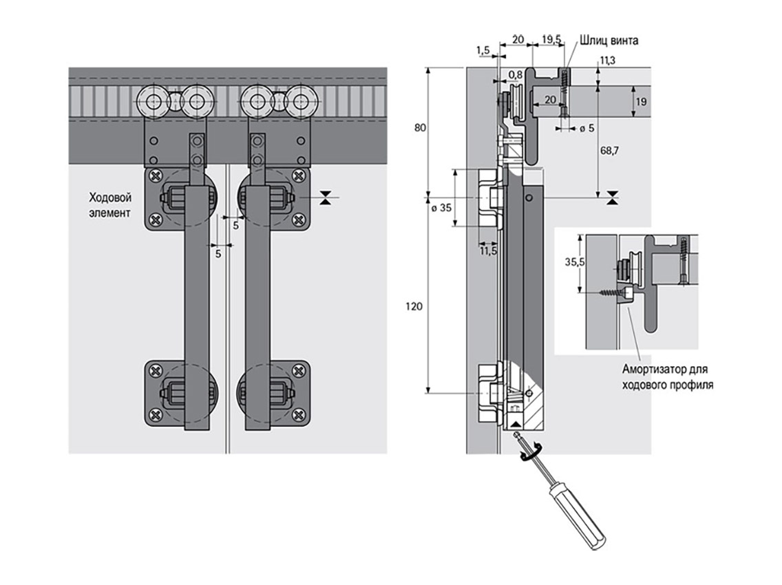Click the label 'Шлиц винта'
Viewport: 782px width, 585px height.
609,41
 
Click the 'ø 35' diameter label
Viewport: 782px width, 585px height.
441,207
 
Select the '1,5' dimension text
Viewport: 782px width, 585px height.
483,50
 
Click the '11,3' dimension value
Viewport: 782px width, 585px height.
608,61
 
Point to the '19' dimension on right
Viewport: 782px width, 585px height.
641,102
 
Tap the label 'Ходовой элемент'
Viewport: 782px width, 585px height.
109,204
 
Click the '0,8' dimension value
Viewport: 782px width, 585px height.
514,74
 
